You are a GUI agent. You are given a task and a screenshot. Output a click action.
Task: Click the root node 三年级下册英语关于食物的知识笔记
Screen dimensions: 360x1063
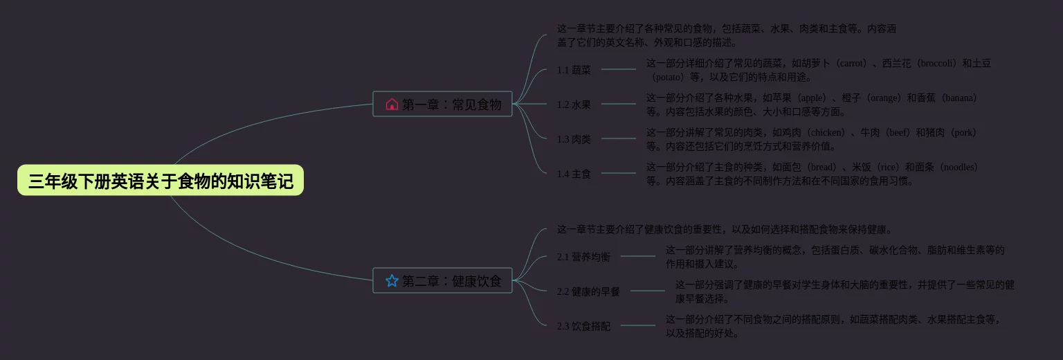[161, 181]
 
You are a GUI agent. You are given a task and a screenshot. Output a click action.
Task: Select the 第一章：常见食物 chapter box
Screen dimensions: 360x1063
[442, 104]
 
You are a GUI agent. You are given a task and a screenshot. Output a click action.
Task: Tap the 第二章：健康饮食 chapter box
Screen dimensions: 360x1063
[442, 280]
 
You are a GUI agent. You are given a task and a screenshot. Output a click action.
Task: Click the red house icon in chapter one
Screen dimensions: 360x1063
[392, 104]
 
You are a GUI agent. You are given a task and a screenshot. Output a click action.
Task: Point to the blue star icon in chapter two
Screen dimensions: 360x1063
[392, 280]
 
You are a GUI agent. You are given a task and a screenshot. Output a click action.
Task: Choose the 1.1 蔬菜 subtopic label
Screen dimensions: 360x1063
[574, 70]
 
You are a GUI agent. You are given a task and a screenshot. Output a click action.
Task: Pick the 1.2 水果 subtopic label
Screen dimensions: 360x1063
[574, 105]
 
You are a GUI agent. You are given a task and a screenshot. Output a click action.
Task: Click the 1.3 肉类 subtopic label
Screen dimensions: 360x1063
[574, 139]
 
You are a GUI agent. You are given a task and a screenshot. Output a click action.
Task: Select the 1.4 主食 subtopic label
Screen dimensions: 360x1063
[574, 174]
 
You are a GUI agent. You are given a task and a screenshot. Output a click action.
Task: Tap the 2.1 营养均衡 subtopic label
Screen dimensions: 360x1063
[583, 257]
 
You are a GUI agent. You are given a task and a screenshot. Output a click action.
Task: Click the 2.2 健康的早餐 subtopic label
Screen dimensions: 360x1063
[588, 291]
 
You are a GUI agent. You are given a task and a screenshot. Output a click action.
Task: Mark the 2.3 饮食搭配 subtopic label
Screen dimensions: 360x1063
[583, 326]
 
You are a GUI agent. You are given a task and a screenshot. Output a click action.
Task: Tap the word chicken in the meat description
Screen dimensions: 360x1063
[827, 132]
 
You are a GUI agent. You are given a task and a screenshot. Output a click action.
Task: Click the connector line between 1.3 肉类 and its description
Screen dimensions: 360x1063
[619, 138]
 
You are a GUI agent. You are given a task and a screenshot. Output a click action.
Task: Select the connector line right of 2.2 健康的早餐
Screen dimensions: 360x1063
[647, 291]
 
